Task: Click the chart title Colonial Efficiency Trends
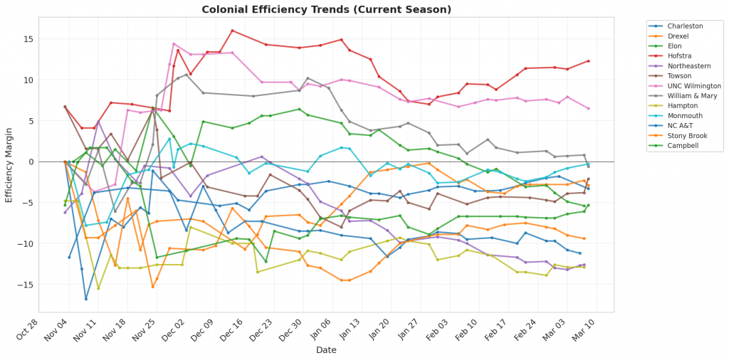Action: (327, 10)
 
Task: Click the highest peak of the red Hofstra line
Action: (232, 31)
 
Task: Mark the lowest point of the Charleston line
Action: (86, 298)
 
